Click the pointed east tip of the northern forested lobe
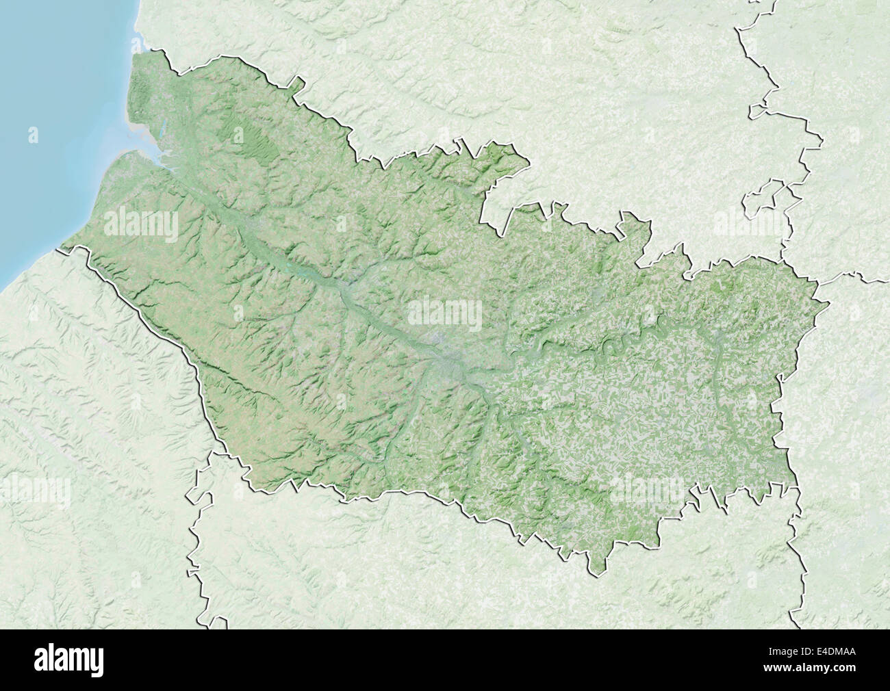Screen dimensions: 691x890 529,163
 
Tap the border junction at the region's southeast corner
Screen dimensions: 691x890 798,487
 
